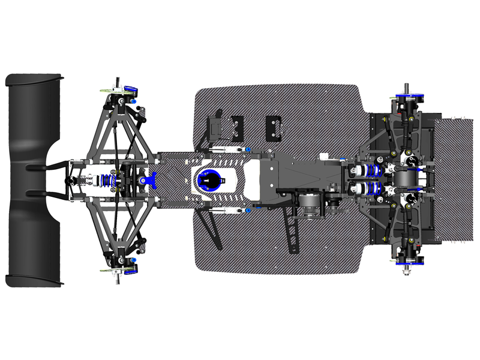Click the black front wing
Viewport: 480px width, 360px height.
coord(33,180)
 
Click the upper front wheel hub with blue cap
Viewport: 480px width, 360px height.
coord(128,89)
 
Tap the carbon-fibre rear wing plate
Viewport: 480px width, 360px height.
coord(456,180)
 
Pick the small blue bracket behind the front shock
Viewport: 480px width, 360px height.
coord(152,178)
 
